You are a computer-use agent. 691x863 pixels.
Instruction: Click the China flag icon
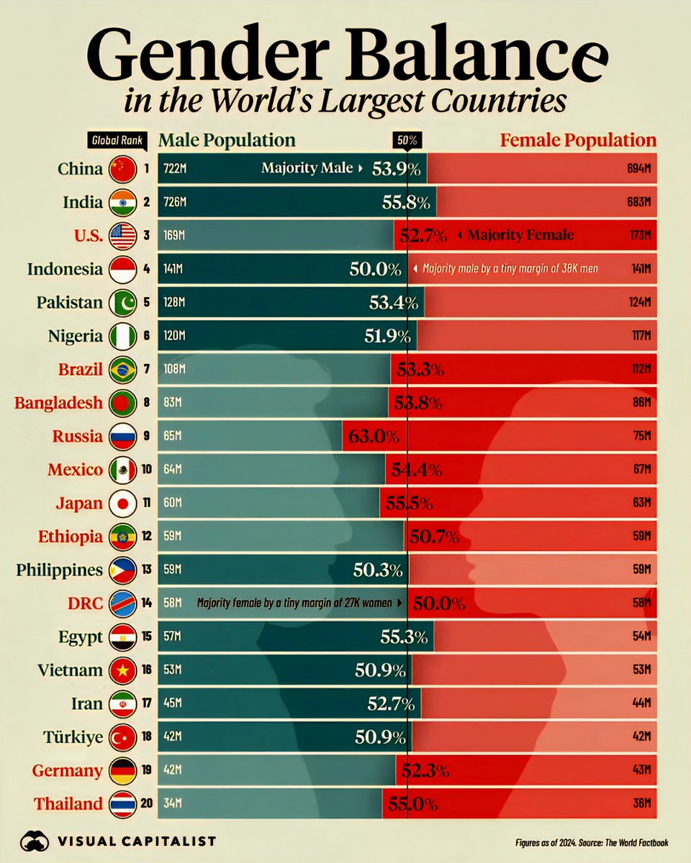[x=122, y=170]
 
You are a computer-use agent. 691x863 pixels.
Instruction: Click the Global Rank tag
[x=115, y=141]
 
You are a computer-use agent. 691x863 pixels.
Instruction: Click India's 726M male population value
[x=175, y=203]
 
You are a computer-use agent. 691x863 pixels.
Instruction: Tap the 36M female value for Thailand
[x=642, y=804]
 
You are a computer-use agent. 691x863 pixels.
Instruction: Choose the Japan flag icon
[x=122, y=503]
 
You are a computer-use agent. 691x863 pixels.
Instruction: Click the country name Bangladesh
[x=59, y=403]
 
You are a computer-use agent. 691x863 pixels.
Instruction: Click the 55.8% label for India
[x=407, y=203]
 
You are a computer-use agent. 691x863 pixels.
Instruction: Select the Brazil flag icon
[x=122, y=370]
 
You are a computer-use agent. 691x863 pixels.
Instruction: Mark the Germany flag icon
[x=122, y=770]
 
